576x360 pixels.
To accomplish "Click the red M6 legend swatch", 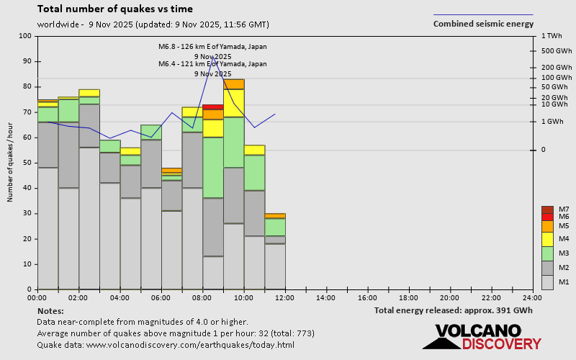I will [x=548, y=217].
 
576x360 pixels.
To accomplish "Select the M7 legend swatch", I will [x=548, y=210].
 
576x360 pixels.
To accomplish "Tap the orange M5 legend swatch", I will [x=548, y=226].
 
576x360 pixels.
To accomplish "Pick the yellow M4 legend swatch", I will [x=548, y=239].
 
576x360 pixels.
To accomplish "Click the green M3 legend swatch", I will [x=548, y=253].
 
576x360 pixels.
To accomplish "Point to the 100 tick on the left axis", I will [x=27, y=36].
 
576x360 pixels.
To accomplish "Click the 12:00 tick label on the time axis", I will [x=284, y=297].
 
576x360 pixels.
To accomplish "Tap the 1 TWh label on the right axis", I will [x=553, y=36].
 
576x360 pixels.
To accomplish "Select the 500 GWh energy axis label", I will [x=556, y=51].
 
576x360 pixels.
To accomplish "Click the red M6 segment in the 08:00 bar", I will [x=212, y=107].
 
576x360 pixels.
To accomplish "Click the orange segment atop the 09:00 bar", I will [x=233, y=84].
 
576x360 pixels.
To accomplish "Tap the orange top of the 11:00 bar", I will [x=275, y=215].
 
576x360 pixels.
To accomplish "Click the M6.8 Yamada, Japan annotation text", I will [x=212, y=47].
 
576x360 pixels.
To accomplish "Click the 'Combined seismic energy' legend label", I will [x=482, y=24].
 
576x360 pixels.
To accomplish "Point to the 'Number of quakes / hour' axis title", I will [x=11, y=163].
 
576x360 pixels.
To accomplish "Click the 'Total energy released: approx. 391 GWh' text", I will [x=453, y=310].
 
